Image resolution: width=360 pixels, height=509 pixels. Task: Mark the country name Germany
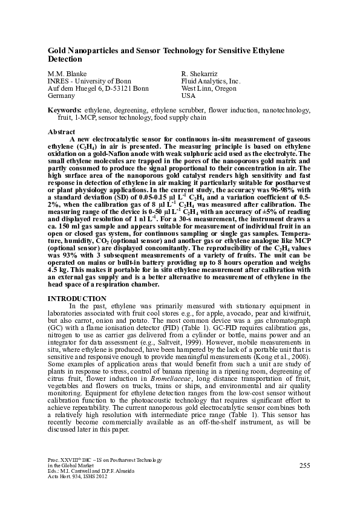click(x=61, y=96)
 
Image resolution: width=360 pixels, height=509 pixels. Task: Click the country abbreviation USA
click(x=189, y=96)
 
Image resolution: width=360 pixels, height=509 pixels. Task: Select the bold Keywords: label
click(x=65, y=111)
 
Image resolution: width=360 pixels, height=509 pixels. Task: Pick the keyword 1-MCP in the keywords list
click(x=85, y=118)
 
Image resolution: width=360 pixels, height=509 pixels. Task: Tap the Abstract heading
click(x=61, y=132)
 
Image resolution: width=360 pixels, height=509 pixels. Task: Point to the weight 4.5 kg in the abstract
click(x=56, y=264)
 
